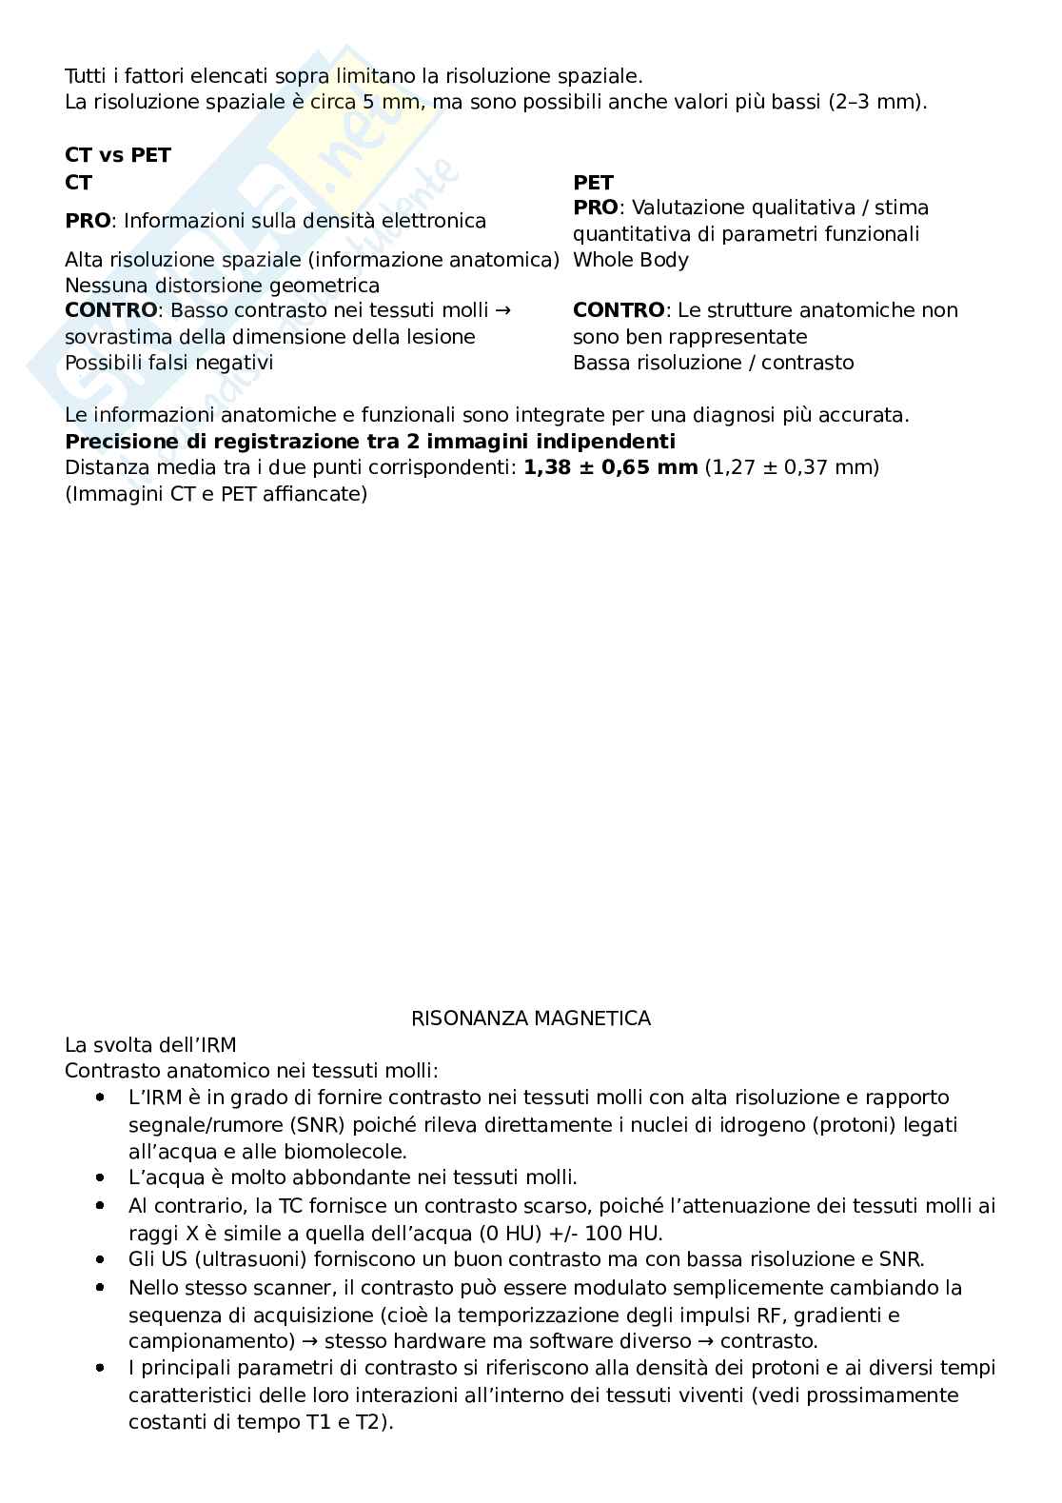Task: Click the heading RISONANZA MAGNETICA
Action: tap(530, 1018)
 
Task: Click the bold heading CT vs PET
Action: tap(118, 155)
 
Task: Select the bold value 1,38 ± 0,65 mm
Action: tap(610, 467)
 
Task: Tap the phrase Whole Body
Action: tap(630, 260)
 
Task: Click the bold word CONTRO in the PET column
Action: tap(619, 310)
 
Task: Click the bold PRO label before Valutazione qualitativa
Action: tap(595, 208)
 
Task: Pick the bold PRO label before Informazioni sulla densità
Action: tap(88, 221)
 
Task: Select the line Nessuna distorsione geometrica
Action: tap(222, 286)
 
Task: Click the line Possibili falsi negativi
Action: tap(168, 363)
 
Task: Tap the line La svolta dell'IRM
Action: tap(150, 1045)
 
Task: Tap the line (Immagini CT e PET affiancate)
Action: tap(216, 494)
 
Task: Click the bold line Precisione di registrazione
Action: tap(370, 442)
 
